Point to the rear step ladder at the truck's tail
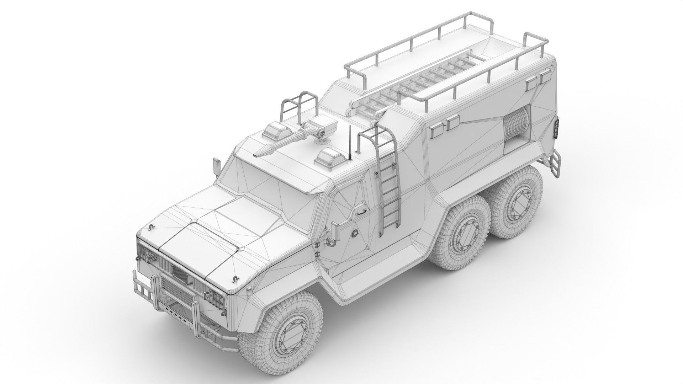(x=554, y=165)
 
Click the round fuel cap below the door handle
(x=355, y=231)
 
